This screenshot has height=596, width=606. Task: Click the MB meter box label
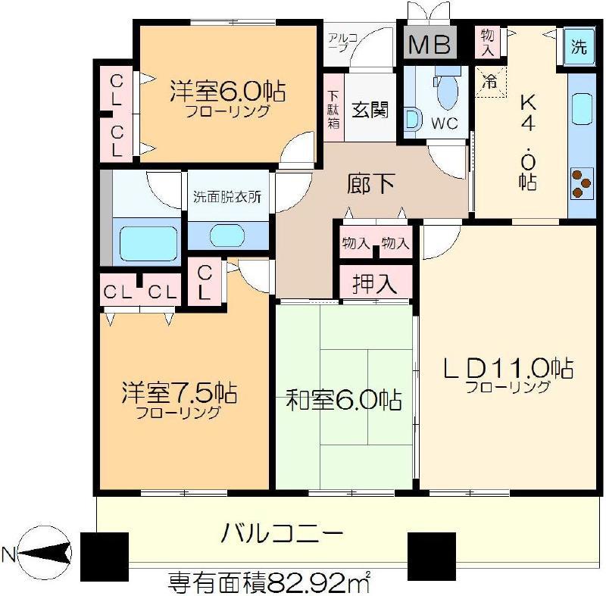pos(430,45)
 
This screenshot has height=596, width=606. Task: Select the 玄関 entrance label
pos(370,110)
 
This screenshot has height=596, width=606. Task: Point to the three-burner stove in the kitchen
pos(581,183)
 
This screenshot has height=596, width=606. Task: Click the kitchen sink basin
pos(582,109)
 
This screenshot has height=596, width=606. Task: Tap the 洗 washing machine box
pos(579,46)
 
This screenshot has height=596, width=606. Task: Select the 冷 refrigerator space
pos(490,82)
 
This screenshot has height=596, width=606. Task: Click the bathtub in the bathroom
pos(148,243)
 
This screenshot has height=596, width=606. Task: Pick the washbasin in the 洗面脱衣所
pos(227,236)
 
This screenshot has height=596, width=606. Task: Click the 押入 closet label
pos(374,284)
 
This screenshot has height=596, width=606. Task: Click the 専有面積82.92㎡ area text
pos(270,582)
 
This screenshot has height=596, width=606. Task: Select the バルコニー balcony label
pos(282,533)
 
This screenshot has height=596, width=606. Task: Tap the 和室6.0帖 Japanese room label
pos(343,400)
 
